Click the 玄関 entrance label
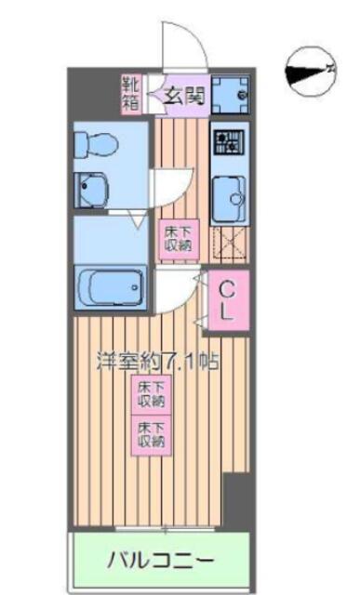(184, 97)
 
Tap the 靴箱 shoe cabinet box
(131, 94)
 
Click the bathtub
(111, 287)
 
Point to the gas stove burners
(230, 142)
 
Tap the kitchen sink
(229, 199)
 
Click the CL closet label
(227, 300)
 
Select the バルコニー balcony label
(161, 560)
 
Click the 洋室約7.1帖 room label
(158, 361)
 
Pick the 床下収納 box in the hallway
(178, 240)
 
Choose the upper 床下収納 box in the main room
(151, 394)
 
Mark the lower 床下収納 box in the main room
(151, 435)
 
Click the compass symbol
(311, 72)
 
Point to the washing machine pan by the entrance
(230, 95)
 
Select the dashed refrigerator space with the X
(230, 244)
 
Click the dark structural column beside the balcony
(236, 500)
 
